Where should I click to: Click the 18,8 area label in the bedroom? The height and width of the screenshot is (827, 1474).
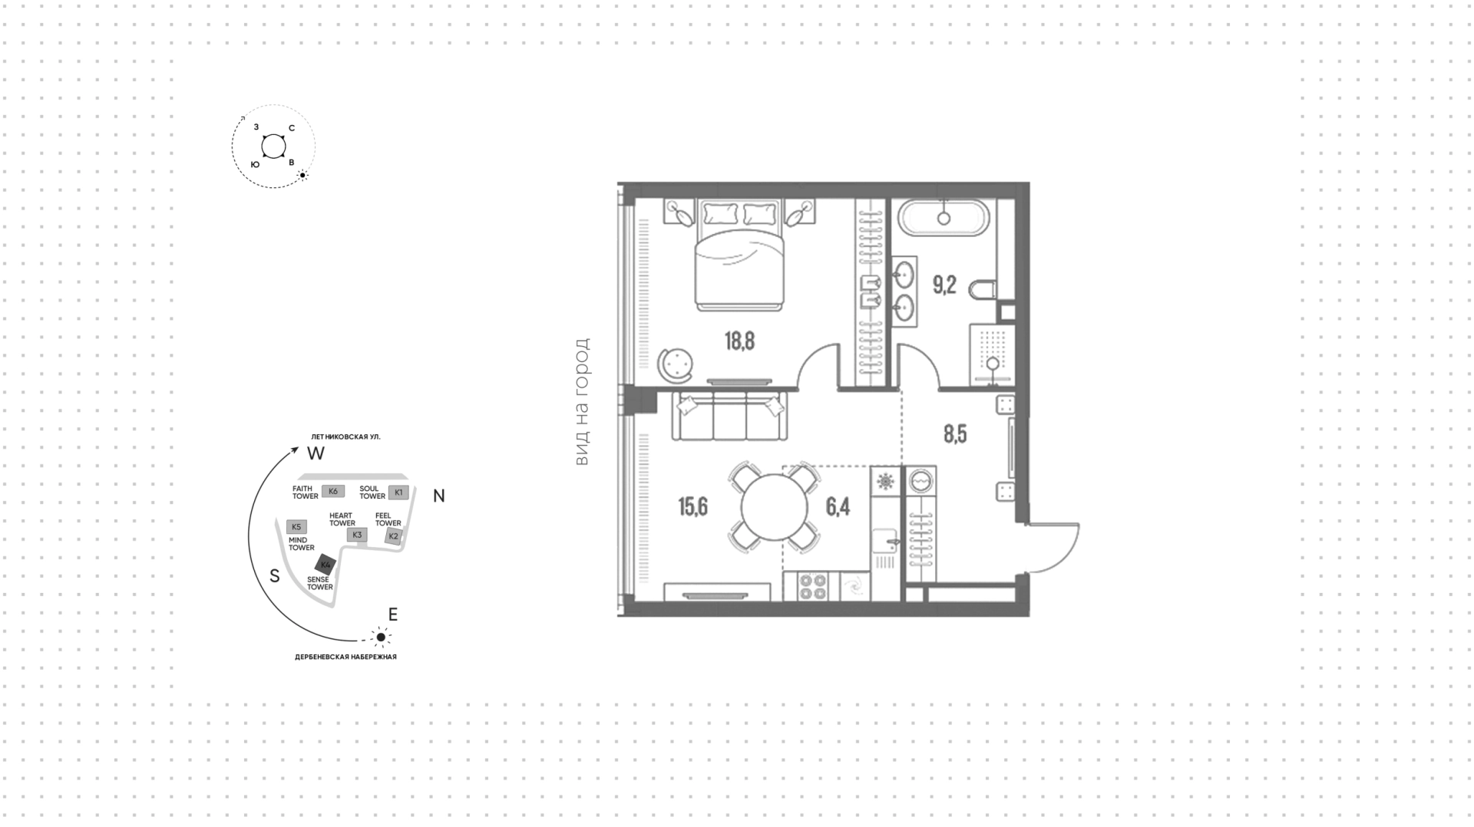tap(739, 341)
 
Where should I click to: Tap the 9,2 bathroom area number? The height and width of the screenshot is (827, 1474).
tap(944, 285)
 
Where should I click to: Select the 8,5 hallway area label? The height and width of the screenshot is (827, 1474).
tap(955, 435)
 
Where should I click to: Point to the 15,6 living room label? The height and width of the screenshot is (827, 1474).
tap(692, 507)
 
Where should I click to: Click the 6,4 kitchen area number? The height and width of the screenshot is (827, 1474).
tap(838, 507)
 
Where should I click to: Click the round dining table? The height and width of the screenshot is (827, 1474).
tap(774, 507)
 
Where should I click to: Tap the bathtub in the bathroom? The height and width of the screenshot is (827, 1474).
tap(944, 218)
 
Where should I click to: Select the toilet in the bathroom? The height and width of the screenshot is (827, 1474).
tap(982, 290)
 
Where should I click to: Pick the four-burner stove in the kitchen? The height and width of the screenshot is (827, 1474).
tap(812, 586)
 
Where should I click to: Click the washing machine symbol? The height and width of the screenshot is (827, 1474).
tap(921, 481)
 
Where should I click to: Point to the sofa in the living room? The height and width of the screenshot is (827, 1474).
tap(729, 416)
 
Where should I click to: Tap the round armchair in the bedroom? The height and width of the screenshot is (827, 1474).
tap(676, 363)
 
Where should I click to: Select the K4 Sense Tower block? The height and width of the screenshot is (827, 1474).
tap(326, 565)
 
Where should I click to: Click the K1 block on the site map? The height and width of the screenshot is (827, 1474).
tap(398, 492)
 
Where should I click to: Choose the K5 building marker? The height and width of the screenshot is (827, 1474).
tap(296, 527)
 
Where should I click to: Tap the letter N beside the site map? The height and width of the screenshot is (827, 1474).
tap(439, 496)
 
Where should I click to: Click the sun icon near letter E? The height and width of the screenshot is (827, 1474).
tap(381, 637)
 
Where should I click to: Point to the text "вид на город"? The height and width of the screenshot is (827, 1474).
tap(582, 402)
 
